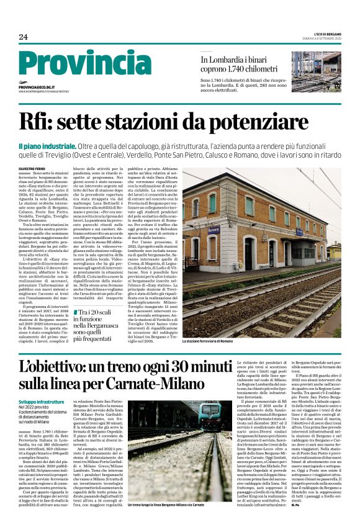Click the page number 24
(24, 37)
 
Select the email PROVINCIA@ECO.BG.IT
(37, 88)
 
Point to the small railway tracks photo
(316, 71)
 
